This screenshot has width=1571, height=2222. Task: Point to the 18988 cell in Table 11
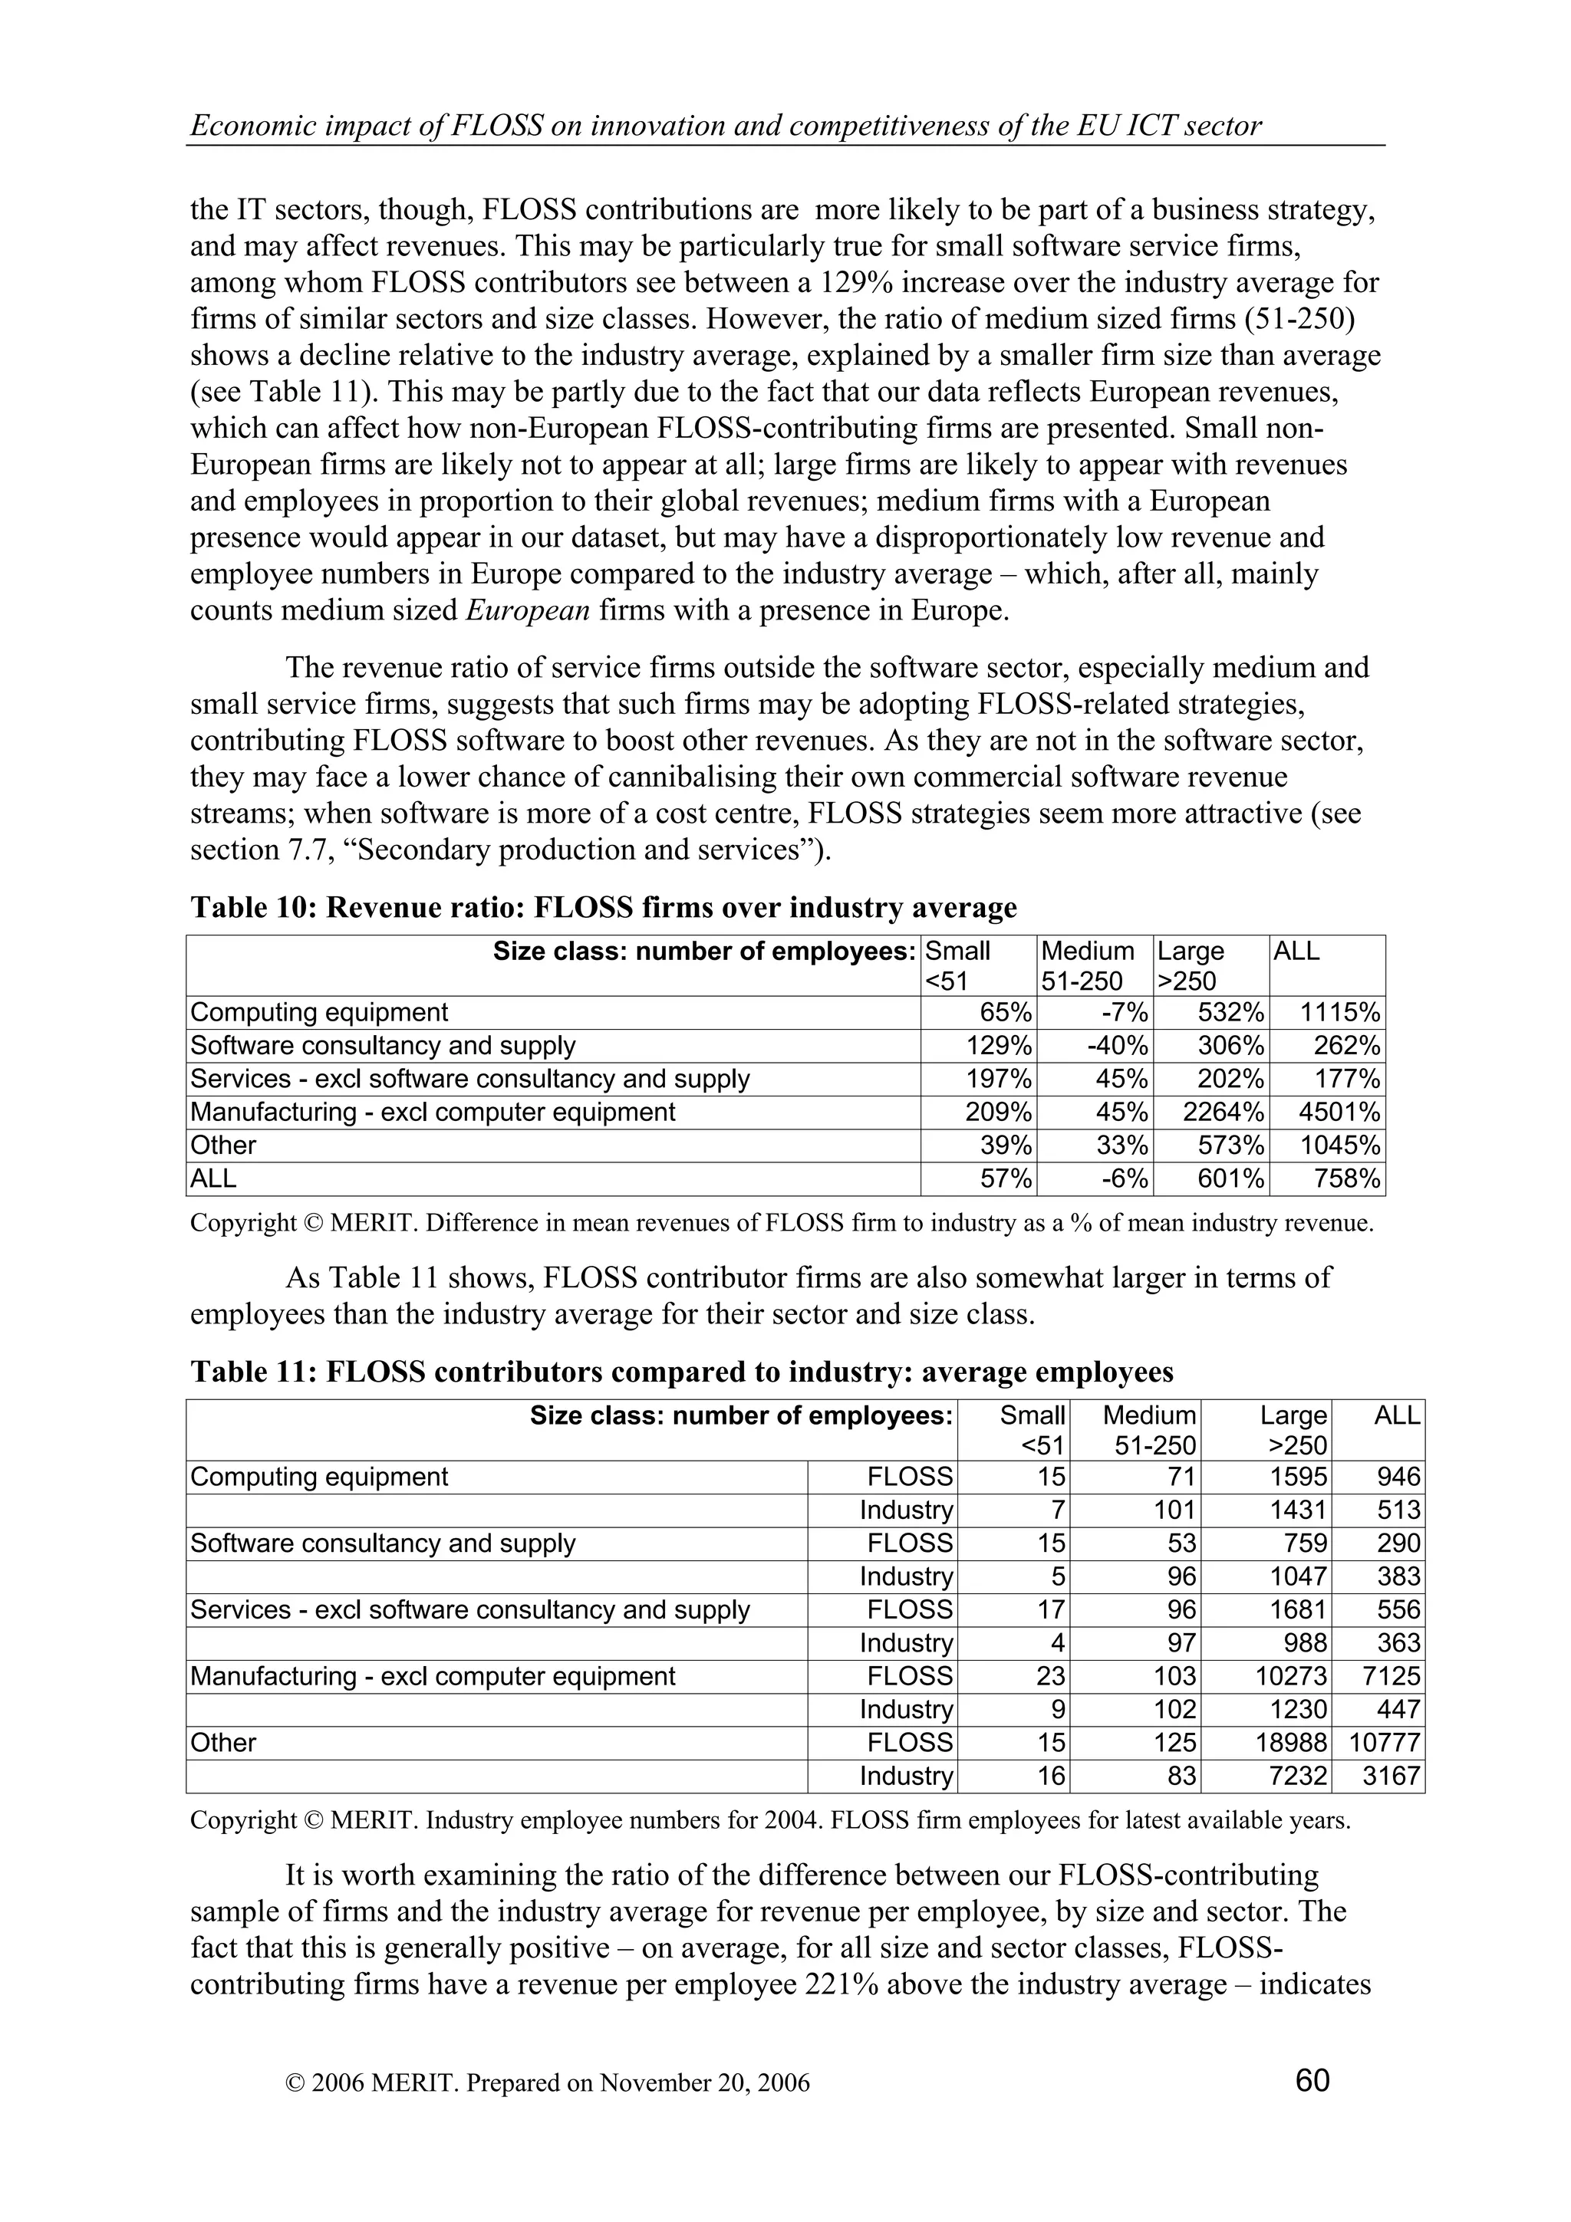click(1283, 1743)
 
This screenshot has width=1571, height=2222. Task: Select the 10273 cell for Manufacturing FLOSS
click(1283, 1676)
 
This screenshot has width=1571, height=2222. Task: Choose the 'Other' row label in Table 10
click(223, 1145)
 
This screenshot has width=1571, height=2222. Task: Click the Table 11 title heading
click(681, 1372)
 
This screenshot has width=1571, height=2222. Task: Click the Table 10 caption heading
click(603, 908)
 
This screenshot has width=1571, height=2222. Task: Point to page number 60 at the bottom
click(1312, 2079)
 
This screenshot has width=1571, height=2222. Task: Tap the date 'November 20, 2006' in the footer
click(703, 2082)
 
